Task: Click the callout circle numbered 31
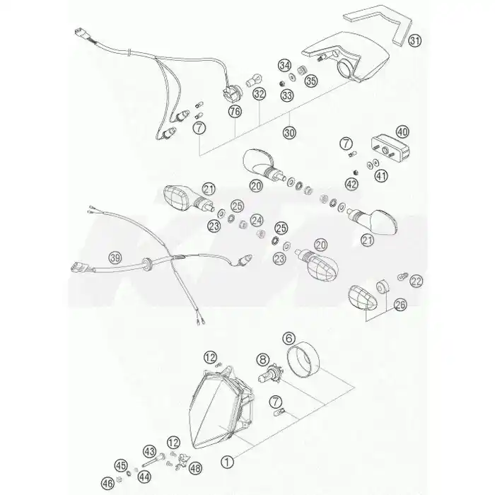click(x=415, y=40)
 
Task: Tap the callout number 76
click(x=235, y=111)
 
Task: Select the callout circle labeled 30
click(x=289, y=132)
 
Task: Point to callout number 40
click(x=402, y=132)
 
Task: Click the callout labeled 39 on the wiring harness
click(x=115, y=258)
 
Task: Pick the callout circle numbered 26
click(x=400, y=305)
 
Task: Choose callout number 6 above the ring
click(x=289, y=339)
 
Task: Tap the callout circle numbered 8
click(x=263, y=359)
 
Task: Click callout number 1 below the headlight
click(x=227, y=462)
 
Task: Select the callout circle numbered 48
click(x=195, y=468)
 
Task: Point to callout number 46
click(x=107, y=483)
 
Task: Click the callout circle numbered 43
click(x=149, y=451)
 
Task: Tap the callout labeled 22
click(x=416, y=281)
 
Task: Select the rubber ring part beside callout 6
click(x=303, y=359)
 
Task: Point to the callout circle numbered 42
click(x=351, y=184)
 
